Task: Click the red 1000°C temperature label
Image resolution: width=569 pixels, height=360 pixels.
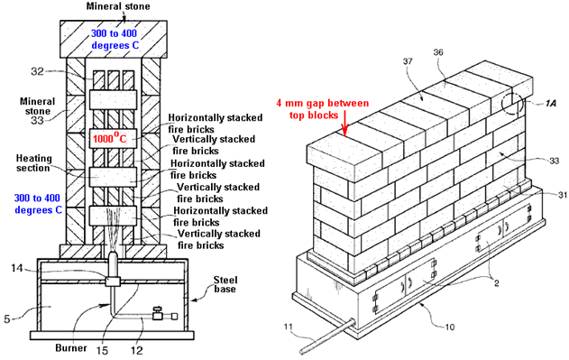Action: pyautogui.click(x=110, y=138)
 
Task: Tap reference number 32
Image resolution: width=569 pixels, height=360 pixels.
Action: pyautogui.click(x=37, y=71)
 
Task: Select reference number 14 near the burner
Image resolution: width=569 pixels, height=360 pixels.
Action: pyautogui.click(x=17, y=268)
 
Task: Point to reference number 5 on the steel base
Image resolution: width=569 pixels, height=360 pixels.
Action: pyautogui.click(x=7, y=319)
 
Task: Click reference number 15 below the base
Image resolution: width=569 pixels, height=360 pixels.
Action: pyautogui.click(x=102, y=350)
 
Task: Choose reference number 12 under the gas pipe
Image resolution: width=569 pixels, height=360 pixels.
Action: pyautogui.click(x=137, y=350)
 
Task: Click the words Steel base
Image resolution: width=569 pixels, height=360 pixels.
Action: pyautogui.click(x=225, y=284)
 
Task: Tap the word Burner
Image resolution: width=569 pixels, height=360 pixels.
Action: pyautogui.click(x=71, y=348)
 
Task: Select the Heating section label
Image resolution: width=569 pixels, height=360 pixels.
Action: pyautogui.click(x=34, y=163)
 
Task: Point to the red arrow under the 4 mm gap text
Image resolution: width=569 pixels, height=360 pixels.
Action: pyautogui.click(x=344, y=128)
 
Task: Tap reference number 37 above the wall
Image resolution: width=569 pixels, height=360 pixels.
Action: pyautogui.click(x=408, y=61)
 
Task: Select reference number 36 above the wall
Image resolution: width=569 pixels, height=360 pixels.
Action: pyautogui.click(x=438, y=52)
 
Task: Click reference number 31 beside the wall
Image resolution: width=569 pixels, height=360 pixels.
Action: pyautogui.click(x=563, y=195)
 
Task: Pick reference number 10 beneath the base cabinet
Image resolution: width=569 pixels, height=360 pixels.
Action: pyautogui.click(x=450, y=327)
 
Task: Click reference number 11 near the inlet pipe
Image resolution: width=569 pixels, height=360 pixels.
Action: pyautogui.click(x=288, y=327)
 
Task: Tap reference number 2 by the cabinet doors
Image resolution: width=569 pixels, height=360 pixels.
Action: pyautogui.click(x=497, y=282)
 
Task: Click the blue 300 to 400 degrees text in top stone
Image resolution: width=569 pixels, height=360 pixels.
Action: pyautogui.click(x=115, y=39)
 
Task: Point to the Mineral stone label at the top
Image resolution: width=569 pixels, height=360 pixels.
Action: pyautogui.click(x=118, y=6)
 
